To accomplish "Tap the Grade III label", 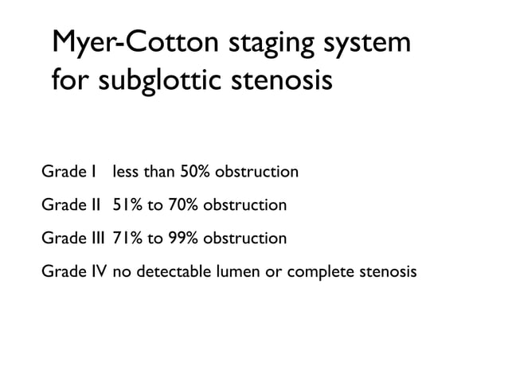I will click(x=73, y=238).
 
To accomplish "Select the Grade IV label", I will click(x=74, y=271).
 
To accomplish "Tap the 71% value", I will click(x=127, y=238).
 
